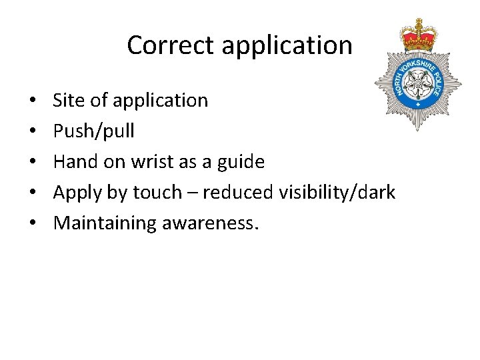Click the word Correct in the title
tap(171, 45)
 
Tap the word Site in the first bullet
tap(67, 101)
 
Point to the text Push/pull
tap(93, 132)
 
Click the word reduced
tap(237, 193)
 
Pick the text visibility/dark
tap(337, 193)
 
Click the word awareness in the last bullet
tap(208, 224)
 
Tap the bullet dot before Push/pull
tap(33, 132)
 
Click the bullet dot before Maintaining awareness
tap(33, 224)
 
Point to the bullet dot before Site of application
tap(33, 101)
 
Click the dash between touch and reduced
tap(191, 193)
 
